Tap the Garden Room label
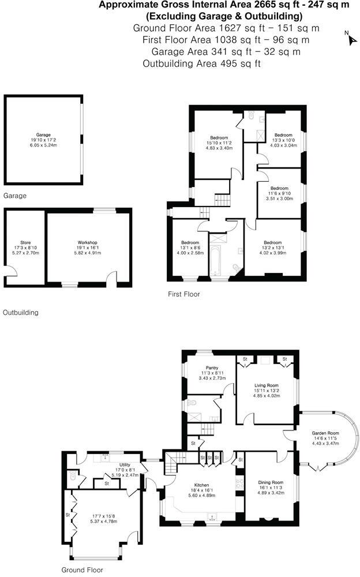[326, 439]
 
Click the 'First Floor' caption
[184, 294]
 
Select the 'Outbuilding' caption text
[21, 313]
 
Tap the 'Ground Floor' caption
[82, 569]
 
